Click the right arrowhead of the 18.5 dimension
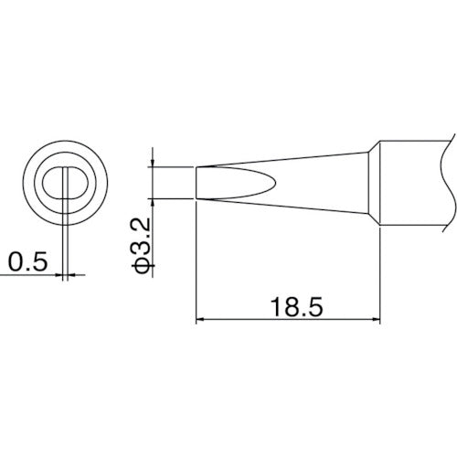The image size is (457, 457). pos(375,319)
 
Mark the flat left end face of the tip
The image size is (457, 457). pos(197,181)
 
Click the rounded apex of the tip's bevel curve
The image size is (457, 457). pos(273,181)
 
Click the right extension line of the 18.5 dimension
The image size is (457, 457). pos(381,274)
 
